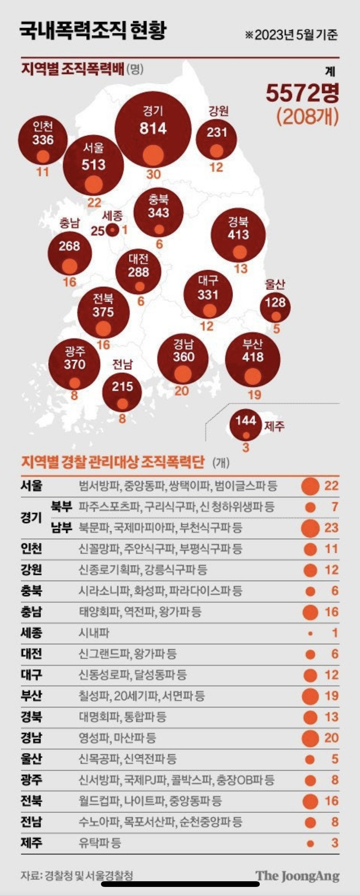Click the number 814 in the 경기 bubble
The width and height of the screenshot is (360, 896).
coord(153,129)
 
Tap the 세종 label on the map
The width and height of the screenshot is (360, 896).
coord(112,216)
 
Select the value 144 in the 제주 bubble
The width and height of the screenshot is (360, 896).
coord(246,420)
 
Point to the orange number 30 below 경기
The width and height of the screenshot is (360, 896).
coord(154,174)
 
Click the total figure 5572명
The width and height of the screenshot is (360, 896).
coord(302,93)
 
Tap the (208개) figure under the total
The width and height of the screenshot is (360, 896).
coord(307,117)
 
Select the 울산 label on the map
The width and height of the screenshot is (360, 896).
coord(275,284)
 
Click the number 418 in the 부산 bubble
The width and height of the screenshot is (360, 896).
coord(253,357)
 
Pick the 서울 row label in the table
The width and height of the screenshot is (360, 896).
coord(31,486)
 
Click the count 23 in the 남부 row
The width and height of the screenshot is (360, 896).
coord(331,528)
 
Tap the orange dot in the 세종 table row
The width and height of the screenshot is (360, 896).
coord(310,633)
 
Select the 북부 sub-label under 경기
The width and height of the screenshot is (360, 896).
coord(61,507)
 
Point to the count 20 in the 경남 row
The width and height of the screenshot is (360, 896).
coord(331,738)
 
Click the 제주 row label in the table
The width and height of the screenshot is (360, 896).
coord(31,843)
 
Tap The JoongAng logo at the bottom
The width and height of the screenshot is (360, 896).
coord(297,876)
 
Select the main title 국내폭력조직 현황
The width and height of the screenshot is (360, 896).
coord(93,31)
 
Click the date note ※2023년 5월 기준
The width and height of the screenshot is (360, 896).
coord(291,35)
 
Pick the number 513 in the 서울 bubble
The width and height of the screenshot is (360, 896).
coord(93,165)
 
